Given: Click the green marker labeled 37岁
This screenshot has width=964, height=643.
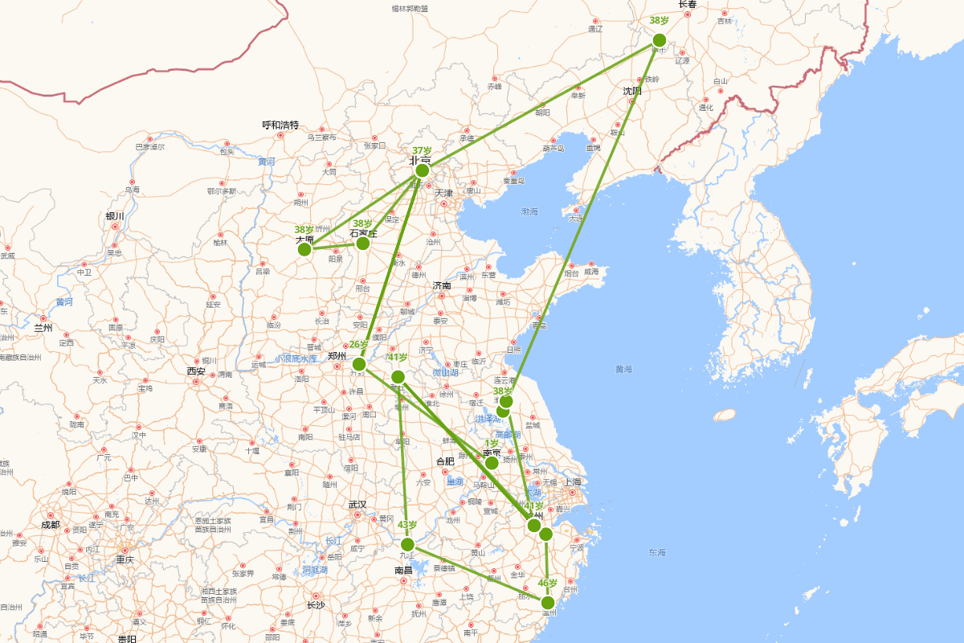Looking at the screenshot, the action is (x=422, y=170).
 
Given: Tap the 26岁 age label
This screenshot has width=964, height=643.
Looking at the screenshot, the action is (x=358, y=345).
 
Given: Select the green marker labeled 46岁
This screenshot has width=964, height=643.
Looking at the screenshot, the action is (x=548, y=602).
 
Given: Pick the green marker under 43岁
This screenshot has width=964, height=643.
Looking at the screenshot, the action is (x=407, y=544).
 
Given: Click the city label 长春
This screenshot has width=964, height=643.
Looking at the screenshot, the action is (x=688, y=4).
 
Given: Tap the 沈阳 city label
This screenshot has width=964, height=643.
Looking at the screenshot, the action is (x=632, y=91).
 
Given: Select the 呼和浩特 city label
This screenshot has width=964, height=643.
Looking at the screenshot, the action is (x=280, y=125).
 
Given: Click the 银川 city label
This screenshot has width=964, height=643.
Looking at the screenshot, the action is (x=115, y=216).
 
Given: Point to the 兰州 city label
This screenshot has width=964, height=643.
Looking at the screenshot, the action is (x=43, y=328).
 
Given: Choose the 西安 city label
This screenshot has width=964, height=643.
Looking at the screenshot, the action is (x=196, y=371).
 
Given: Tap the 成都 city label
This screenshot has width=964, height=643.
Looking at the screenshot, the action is (x=50, y=524).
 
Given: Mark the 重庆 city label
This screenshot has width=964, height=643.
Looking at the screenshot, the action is (x=124, y=559).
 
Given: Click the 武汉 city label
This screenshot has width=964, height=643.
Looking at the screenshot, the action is (x=357, y=505).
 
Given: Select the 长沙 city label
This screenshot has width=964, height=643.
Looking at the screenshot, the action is (x=316, y=605).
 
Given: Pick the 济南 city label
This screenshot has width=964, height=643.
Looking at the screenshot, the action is (x=442, y=285).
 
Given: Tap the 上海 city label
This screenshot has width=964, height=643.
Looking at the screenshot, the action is (x=573, y=482).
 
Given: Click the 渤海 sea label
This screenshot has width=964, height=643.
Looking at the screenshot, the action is (x=529, y=211).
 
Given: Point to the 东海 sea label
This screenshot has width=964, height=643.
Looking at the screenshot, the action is (x=657, y=552).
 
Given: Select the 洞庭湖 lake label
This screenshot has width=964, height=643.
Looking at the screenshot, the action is (x=315, y=570).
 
